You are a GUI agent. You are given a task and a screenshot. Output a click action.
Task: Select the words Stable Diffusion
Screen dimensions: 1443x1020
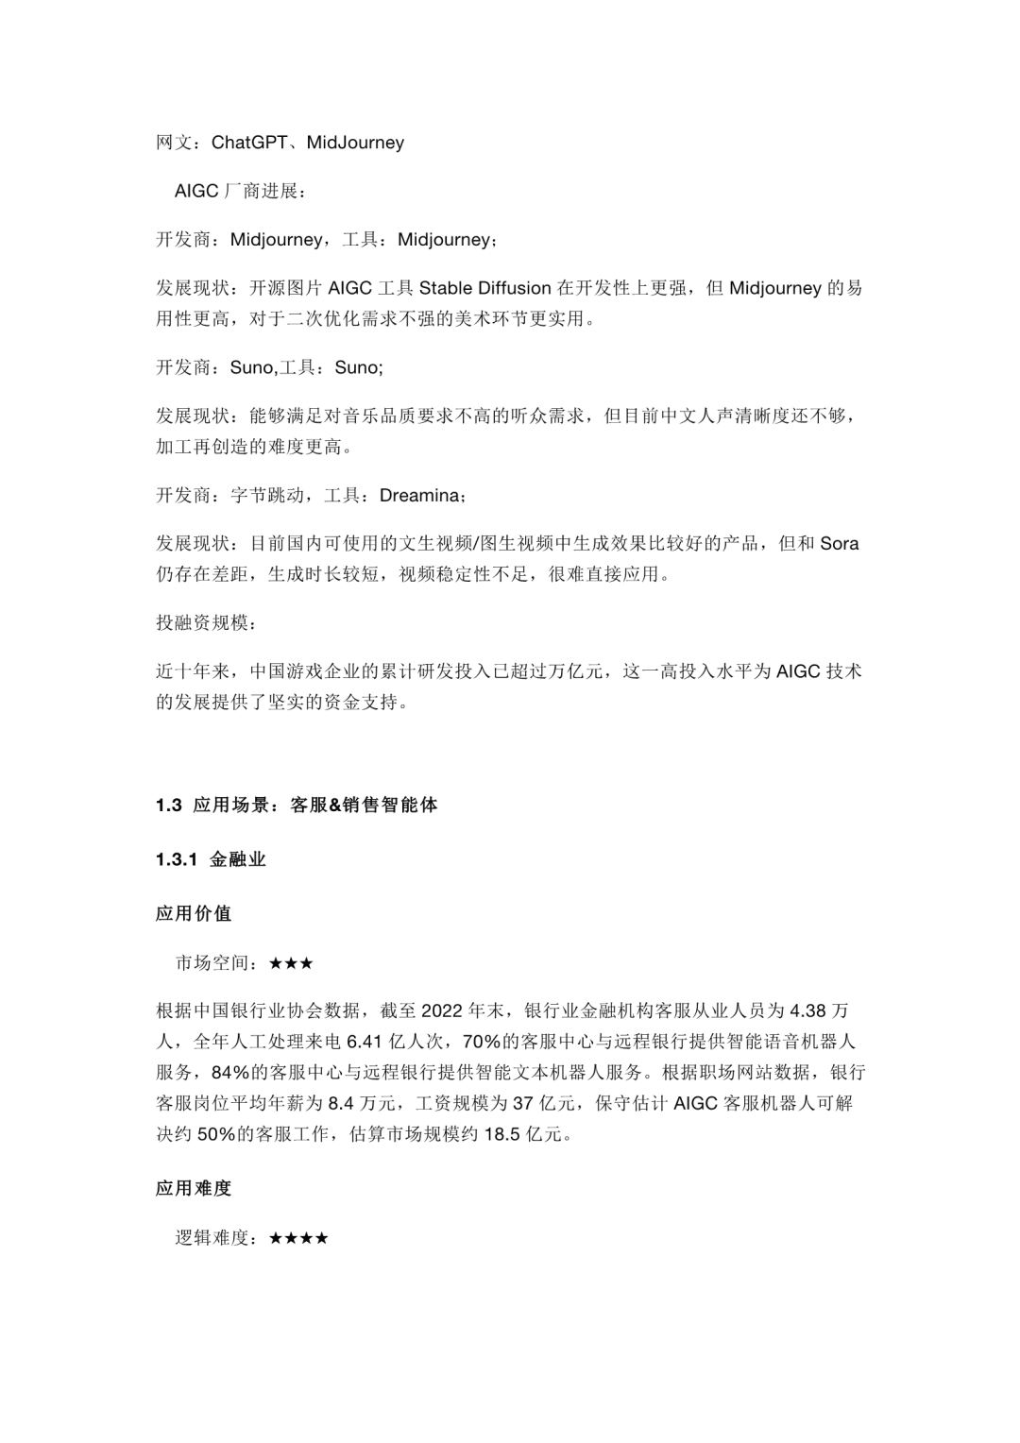[x=484, y=288]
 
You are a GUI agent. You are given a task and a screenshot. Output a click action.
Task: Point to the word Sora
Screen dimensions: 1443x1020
[x=840, y=544]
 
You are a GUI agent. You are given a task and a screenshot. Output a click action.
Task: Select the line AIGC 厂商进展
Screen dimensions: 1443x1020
[x=240, y=192]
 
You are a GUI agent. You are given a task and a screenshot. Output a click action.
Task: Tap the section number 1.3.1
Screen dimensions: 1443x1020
[x=177, y=859]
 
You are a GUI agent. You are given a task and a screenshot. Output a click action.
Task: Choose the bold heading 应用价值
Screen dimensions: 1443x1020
[x=194, y=914]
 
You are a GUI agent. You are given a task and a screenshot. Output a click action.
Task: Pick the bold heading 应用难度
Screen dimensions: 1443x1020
[x=194, y=1189]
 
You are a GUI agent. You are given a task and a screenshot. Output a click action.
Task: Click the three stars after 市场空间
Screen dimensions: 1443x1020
[x=291, y=963]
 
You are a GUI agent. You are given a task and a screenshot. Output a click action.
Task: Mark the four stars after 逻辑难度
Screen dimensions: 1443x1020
[x=298, y=1238]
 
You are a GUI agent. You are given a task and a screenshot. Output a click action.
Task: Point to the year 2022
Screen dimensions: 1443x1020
[x=441, y=1011]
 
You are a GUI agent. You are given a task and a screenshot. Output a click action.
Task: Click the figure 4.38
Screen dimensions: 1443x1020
[x=807, y=1011]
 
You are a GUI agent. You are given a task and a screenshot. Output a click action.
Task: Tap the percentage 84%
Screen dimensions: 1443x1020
[x=230, y=1073]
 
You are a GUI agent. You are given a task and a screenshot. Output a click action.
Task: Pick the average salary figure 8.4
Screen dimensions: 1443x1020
[x=343, y=1103]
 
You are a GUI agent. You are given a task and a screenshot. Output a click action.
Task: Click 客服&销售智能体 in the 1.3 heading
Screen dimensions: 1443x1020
[x=365, y=806]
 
